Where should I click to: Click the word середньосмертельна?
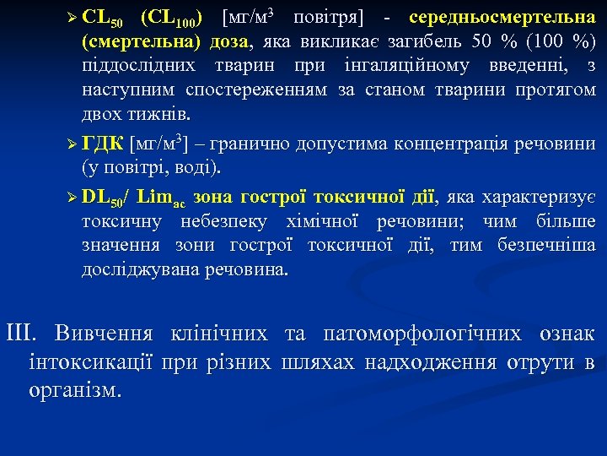coord(502,18)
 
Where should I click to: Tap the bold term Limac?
coord(161,198)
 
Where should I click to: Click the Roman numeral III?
coord(22,333)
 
